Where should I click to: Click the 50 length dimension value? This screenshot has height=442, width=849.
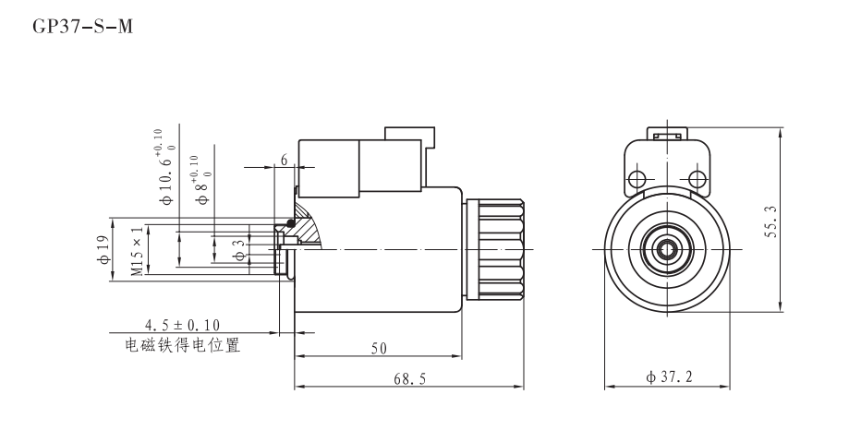click(379, 348)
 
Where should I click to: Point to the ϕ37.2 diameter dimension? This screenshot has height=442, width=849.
click(668, 379)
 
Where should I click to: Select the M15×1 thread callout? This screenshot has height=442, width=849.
click(138, 250)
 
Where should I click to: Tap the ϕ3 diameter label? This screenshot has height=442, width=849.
click(237, 250)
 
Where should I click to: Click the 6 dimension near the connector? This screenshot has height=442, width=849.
click(285, 160)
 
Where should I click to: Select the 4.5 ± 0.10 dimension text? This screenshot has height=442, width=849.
click(183, 325)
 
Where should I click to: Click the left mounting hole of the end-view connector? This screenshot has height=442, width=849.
click(637, 177)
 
